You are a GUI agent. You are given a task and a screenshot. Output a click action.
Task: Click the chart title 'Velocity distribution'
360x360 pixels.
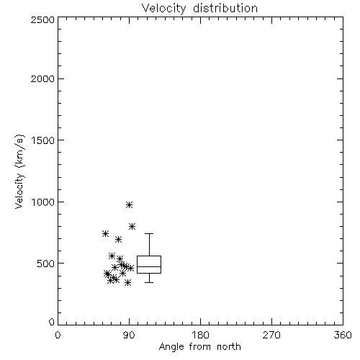click(199, 9)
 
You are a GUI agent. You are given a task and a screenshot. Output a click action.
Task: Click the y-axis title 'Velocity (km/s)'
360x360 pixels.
click(19, 171)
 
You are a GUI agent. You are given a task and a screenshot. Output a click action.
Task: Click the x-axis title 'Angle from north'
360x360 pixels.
click(199, 347)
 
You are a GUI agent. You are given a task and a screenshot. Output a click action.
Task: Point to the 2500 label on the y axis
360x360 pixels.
click(42, 19)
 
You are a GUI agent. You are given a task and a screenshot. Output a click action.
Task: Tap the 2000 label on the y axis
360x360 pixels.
click(42, 78)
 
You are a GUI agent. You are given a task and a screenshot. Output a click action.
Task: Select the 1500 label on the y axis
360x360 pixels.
click(43, 140)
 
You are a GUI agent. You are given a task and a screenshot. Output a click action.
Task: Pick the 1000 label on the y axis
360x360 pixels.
click(43, 202)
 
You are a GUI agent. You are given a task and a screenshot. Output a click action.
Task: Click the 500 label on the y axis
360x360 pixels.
click(46, 264)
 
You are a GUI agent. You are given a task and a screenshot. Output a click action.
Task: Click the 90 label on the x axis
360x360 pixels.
click(130, 335)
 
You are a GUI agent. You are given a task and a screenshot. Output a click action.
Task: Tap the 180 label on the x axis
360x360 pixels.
click(200, 335)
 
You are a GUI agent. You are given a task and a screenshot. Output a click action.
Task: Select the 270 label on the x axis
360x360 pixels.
click(271, 335)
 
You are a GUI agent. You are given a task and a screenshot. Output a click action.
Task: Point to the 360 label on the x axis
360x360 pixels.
click(343, 335)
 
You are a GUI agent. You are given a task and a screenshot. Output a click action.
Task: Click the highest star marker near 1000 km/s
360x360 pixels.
click(130, 204)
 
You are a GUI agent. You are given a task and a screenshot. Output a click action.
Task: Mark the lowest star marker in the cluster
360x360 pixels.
click(128, 282)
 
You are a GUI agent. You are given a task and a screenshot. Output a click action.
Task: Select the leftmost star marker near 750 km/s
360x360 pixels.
click(105, 233)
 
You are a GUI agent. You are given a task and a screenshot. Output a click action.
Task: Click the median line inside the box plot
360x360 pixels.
click(149, 266)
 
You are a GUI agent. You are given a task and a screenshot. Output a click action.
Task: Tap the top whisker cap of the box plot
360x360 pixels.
click(149, 233)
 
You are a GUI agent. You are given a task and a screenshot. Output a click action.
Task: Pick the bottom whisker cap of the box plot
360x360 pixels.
click(149, 282)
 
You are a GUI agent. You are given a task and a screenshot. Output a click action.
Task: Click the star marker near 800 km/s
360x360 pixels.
click(132, 226)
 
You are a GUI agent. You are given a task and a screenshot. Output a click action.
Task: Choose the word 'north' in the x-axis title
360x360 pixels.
click(229, 347)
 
